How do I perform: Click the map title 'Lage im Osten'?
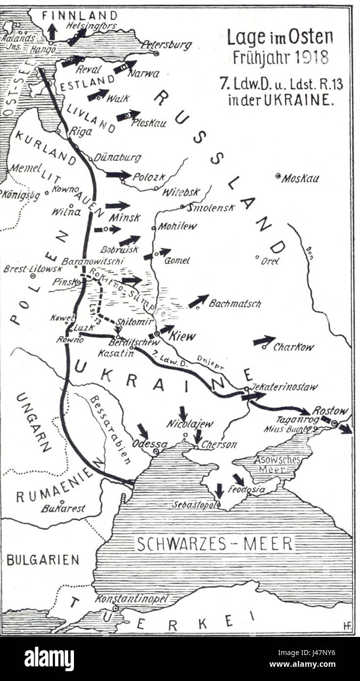pos(280,37)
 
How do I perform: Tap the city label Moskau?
pos(300,178)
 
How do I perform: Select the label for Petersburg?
pos(166,45)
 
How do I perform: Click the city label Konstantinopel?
pos(131,599)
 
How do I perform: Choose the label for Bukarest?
pos(63,509)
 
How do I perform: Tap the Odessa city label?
pos(149,444)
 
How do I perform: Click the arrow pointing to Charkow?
pos(264,340)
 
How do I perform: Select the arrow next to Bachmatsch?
pos(198,301)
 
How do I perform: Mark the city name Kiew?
pos(182,336)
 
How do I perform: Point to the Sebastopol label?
pos(194,504)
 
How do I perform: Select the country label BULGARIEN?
pos(43,559)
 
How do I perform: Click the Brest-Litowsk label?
pos(33,269)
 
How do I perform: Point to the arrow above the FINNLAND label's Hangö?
pos(52,31)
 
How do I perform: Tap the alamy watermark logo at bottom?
pos(49,658)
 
